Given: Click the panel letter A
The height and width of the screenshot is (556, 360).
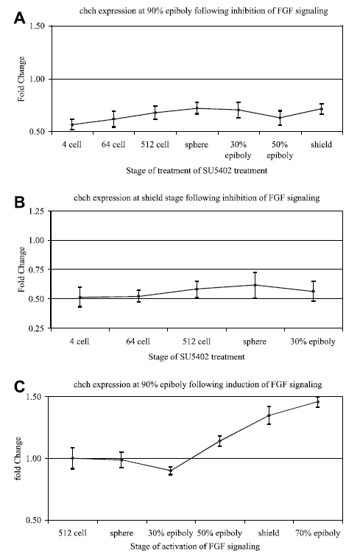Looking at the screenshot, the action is point(19,18).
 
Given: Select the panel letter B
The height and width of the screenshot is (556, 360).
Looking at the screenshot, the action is point(19,202).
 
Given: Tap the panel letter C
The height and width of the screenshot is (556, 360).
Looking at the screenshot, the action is point(19,387).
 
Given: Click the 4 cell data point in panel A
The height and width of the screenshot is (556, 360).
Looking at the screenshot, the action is point(72,124).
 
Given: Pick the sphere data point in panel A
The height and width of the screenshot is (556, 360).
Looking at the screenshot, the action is point(197,108).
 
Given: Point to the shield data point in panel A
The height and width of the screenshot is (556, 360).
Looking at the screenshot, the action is point(322,109).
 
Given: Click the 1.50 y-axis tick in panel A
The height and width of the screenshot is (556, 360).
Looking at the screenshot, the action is point(38,27).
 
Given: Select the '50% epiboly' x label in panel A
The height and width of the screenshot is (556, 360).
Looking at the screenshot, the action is point(280,150).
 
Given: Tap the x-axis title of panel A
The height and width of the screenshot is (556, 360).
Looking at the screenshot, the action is point(197,171).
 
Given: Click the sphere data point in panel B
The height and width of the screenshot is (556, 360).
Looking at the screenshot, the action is point(255,285).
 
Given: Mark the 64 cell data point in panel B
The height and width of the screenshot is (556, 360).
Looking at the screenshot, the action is point(138,296).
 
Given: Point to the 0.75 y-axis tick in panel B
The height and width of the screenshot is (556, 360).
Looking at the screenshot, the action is point(38,270).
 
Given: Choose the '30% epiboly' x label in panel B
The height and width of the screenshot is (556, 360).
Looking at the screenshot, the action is point(313,342).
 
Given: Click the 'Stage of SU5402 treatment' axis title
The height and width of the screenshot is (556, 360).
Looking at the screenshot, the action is point(197,356).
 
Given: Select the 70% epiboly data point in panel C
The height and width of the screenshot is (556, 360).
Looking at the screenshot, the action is point(318,402).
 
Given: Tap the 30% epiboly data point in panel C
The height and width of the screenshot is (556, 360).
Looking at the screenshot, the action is point(171,471).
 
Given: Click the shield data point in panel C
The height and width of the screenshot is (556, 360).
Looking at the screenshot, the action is point(269,415).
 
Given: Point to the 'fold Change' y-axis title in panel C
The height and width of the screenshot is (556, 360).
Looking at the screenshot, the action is point(18,459).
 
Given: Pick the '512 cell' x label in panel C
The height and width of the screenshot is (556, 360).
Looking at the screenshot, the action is point(73,533).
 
